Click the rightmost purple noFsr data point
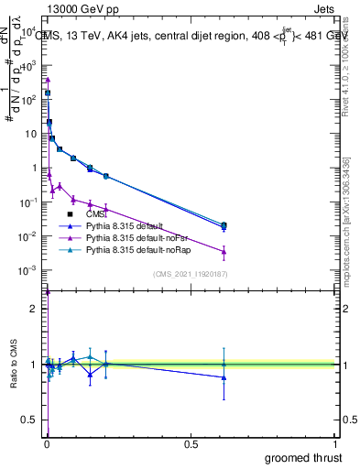coord(224,251)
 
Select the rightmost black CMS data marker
coord(224,224)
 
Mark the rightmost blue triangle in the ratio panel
coord(224,377)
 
